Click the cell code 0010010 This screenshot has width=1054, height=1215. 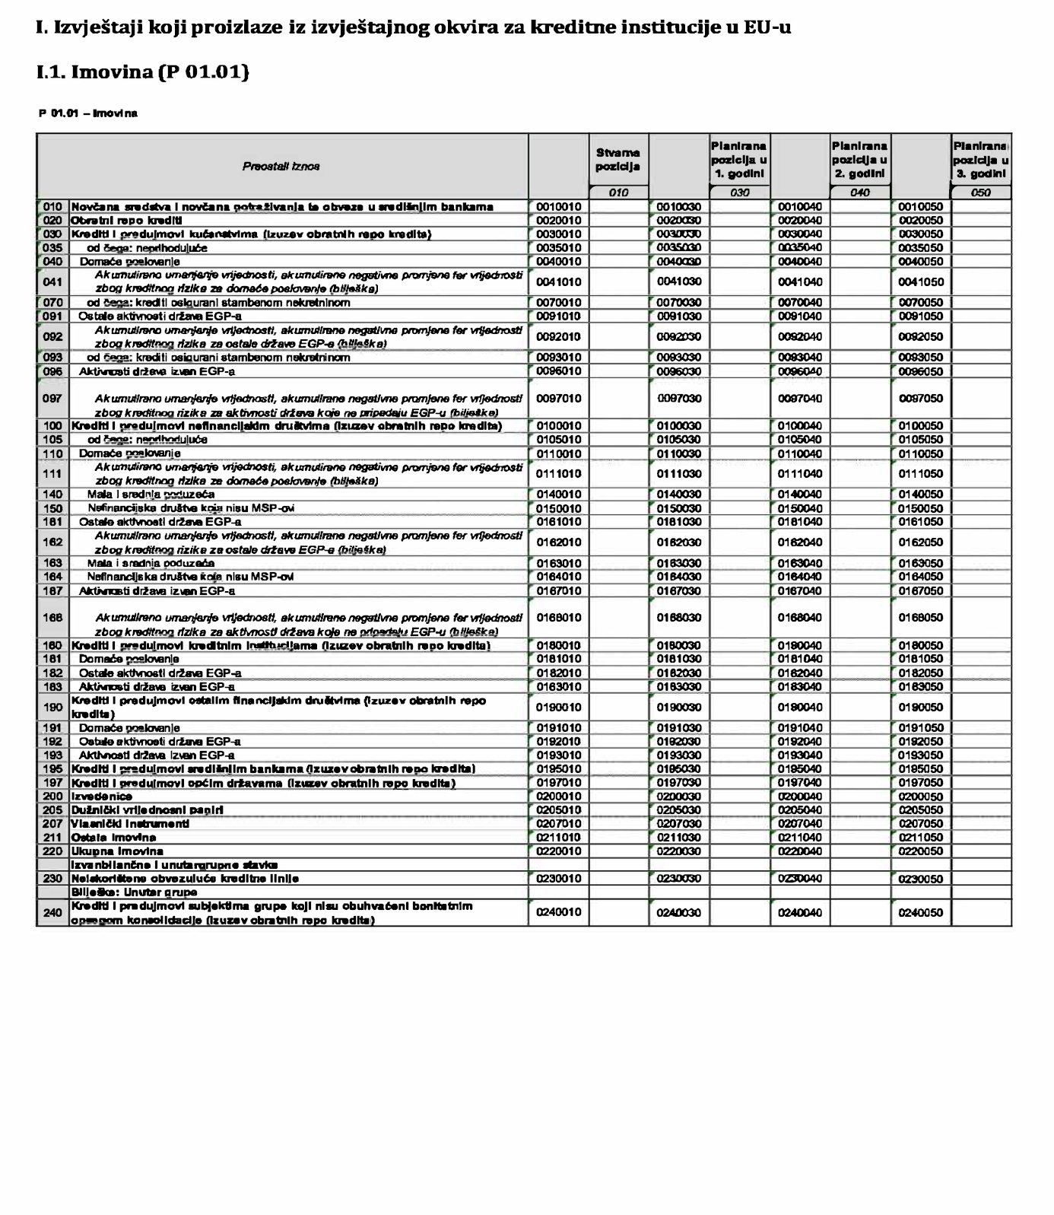558,207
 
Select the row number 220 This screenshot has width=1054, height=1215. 52,851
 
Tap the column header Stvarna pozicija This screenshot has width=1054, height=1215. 617,160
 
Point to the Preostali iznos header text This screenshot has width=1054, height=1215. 281,167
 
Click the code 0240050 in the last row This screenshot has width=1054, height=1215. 920,913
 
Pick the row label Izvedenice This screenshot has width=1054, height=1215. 102,797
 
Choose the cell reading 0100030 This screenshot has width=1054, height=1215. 679,426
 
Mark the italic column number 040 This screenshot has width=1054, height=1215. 860,193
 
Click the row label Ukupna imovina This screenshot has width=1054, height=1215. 117,851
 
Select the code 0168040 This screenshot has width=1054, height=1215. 799,618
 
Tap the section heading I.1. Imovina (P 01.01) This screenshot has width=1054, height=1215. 143,72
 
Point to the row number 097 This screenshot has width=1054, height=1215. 52,399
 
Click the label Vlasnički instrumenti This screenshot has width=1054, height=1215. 130,824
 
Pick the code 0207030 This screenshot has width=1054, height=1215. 679,824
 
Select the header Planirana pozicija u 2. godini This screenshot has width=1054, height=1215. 859,160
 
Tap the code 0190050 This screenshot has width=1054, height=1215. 920,708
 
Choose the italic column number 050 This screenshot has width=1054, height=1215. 981,193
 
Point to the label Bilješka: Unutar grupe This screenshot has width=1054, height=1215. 135,892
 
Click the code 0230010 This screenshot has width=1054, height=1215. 558,879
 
